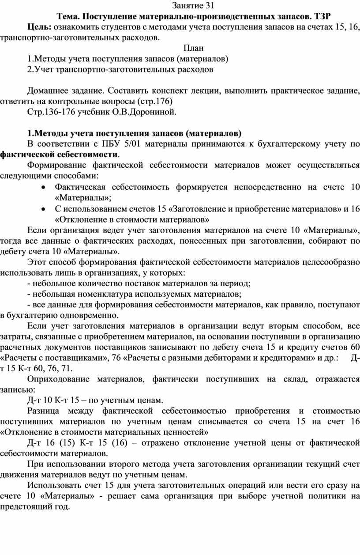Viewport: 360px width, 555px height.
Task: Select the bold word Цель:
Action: pos(39,27)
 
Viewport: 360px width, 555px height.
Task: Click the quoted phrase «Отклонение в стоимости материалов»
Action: pos(132,219)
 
